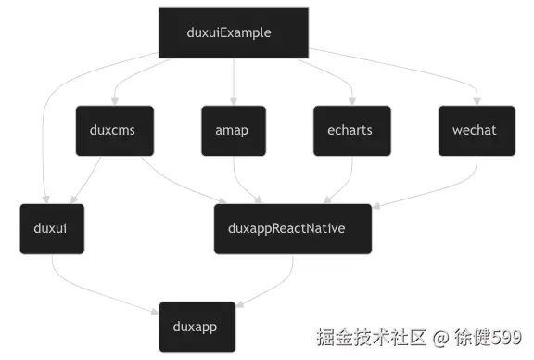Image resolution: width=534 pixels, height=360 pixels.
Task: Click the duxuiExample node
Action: coord(232,32)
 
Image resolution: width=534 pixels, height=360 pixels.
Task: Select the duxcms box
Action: coord(114,130)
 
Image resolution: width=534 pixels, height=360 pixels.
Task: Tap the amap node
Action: coord(234,130)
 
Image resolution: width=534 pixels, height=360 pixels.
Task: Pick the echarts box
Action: coord(351,130)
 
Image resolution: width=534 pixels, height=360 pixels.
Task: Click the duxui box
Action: coord(51,228)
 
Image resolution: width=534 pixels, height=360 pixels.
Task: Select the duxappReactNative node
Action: coord(293,228)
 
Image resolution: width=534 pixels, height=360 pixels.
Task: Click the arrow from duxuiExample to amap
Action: coord(234,82)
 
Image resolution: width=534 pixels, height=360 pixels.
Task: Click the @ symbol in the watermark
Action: coord(431,336)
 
